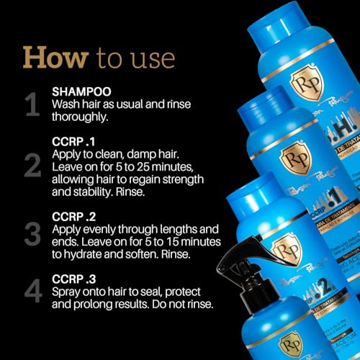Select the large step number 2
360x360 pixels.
pyautogui.click(x=32, y=165)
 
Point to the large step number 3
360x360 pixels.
pyautogui.click(x=32, y=233)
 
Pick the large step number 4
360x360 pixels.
pyautogui.click(x=32, y=294)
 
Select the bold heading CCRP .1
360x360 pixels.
pyautogui.click(x=74, y=140)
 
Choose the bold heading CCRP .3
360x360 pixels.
pyautogui.click(x=74, y=278)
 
